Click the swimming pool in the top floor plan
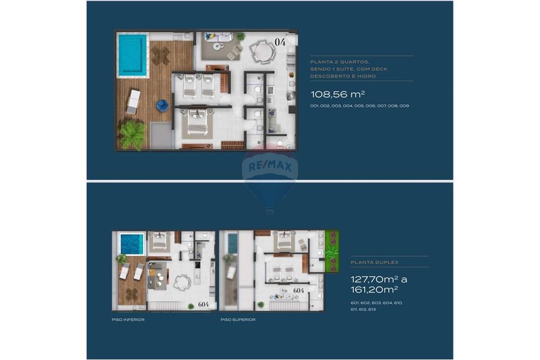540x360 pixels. coord(132,55)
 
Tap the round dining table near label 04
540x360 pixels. coord(263,52)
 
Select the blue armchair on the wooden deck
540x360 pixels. coord(162,105)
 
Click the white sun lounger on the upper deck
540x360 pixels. coord(133,101)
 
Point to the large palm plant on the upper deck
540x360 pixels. coord(133,134)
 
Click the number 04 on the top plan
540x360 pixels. coord(280,42)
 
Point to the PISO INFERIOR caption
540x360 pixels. coord(128,320)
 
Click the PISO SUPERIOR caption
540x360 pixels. coord(238,320)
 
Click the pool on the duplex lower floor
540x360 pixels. coord(132,244)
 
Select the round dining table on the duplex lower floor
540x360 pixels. coord(183,282)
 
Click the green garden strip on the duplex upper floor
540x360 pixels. coord(332,251)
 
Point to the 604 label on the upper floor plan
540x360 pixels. coord(299,290)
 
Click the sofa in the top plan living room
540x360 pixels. coord(218,37)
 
